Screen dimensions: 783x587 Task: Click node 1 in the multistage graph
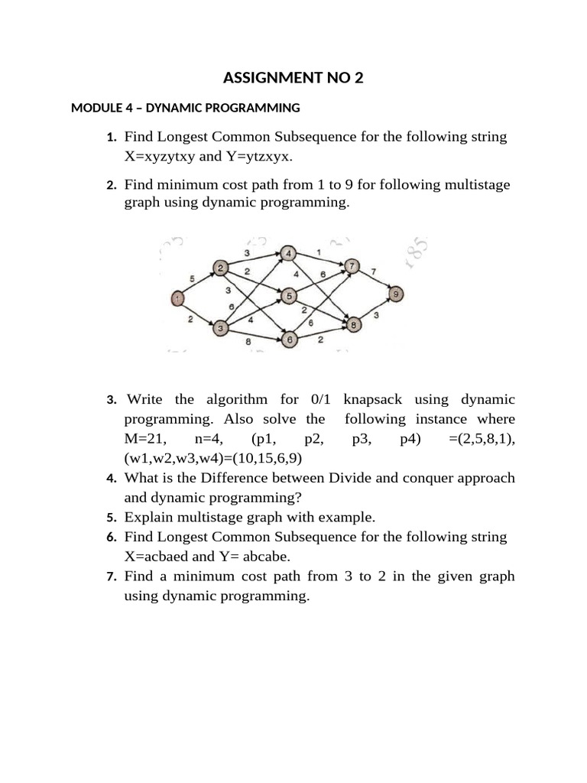(177, 298)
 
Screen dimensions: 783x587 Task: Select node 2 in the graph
(220, 268)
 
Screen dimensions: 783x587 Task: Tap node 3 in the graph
(220, 328)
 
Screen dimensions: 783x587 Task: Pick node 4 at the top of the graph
(289, 253)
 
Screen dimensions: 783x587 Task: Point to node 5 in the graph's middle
(289, 295)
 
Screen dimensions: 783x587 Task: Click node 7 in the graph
(352, 266)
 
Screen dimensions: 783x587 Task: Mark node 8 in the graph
(354, 325)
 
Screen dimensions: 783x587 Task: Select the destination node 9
(395, 294)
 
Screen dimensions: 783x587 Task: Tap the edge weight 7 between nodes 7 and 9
(374, 271)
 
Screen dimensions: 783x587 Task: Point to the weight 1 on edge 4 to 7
(318, 252)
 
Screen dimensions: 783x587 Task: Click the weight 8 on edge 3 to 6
(248, 342)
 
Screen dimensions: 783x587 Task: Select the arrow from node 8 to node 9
(375, 310)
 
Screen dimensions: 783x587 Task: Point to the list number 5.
(112, 517)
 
